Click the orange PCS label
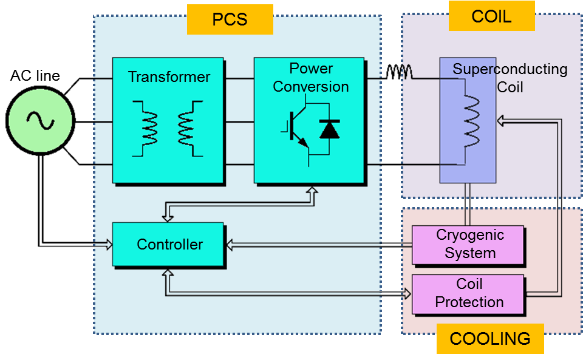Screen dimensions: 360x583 point(230,19)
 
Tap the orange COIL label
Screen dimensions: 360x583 point(491,16)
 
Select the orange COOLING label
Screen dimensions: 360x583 point(489,338)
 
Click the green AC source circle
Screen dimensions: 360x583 point(40,121)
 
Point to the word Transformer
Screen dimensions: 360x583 point(169,77)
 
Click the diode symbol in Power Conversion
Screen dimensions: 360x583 point(330,129)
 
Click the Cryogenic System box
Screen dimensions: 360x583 point(468,245)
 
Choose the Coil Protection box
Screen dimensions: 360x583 point(468,294)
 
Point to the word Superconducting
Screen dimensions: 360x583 point(510,69)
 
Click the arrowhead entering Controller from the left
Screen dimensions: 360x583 point(109,245)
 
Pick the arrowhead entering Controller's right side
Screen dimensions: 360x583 point(230,245)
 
